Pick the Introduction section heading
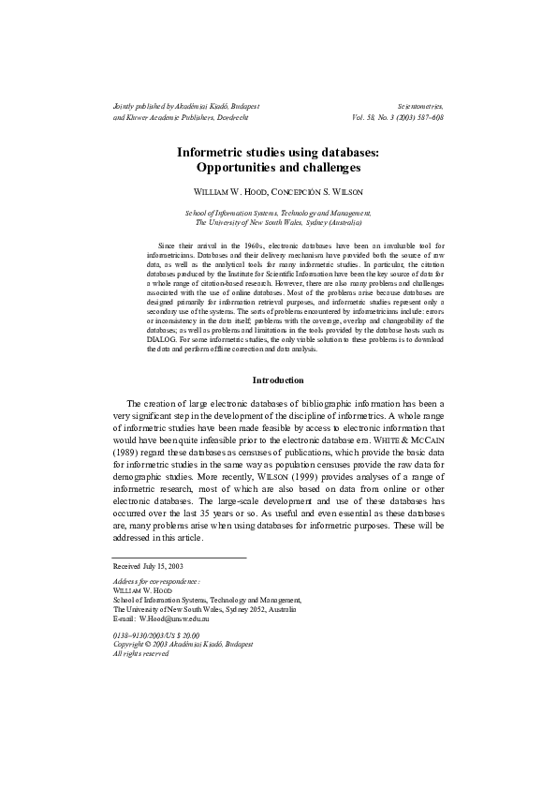[278, 380]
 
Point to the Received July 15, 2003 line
[148, 567]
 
